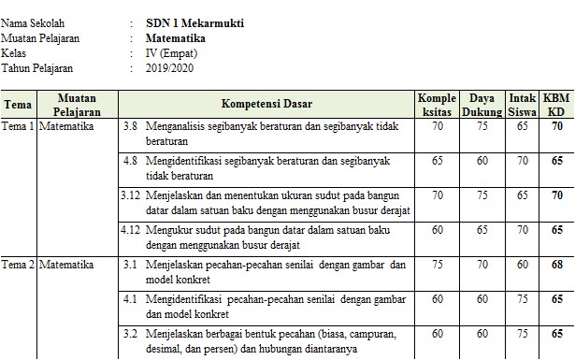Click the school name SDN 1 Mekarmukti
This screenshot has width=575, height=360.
pos(195,22)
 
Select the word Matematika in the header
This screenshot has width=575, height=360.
pos(176,38)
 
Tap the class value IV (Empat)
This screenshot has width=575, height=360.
pos(173,53)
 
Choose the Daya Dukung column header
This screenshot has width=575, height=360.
pos(482,103)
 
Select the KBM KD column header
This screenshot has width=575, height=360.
pos(556,103)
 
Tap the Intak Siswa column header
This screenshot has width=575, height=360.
pos(522,103)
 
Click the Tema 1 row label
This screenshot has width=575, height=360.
pos(18,124)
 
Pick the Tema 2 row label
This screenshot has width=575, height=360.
pos(18,266)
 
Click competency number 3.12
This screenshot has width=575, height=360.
pos(132,195)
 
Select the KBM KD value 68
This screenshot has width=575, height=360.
pos(556,266)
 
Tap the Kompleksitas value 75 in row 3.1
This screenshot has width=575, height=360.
pos(438,266)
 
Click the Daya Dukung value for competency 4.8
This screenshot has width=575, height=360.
pos(482,161)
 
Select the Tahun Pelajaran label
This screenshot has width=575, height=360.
pos(37,68)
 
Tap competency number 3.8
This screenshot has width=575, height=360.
pos(132,124)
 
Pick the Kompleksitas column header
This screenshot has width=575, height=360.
pos(438,103)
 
